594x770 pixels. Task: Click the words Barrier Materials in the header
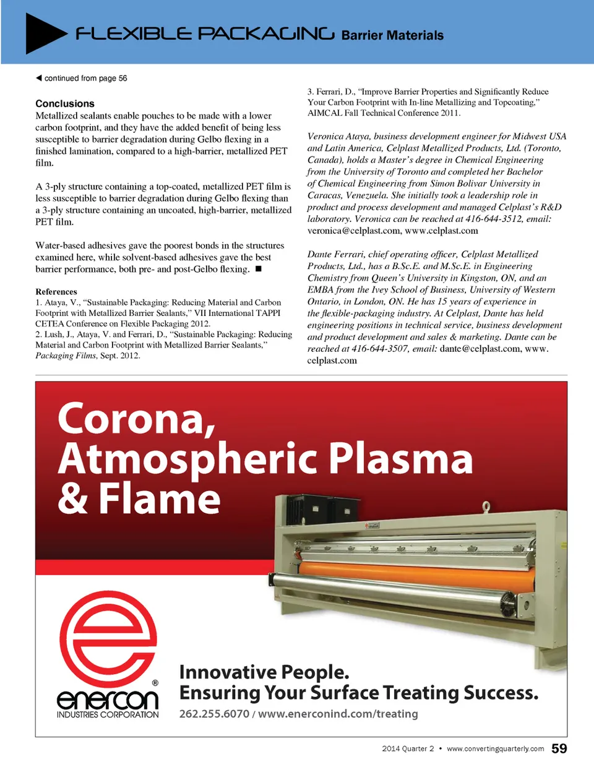(x=392, y=35)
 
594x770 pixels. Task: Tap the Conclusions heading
(x=65, y=103)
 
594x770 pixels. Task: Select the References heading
(x=56, y=291)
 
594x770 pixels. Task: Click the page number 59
(x=559, y=748)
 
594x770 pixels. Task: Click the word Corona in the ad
(x=136, y=419)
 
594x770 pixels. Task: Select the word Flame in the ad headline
(x=160, y=499)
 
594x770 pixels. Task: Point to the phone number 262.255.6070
(x=214, y=714)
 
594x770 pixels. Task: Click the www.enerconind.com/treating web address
(x=338, y=714)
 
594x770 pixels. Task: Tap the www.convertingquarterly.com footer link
(x=495, y=748)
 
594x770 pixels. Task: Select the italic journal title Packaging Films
(x=66, y=356)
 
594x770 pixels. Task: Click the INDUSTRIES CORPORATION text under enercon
(x=108, y=714)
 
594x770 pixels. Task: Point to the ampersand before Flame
(x=73, y=499)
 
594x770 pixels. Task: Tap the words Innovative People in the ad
(x=264, y=672)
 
